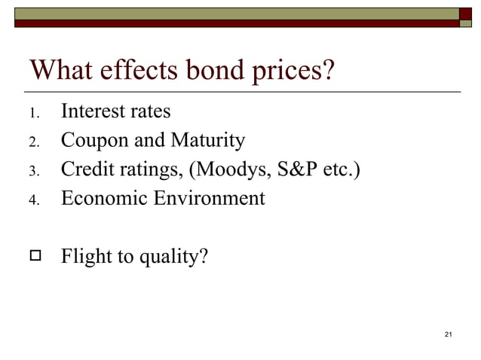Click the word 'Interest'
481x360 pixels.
click(x=93, y=111)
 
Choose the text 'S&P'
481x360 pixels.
click(x=296, y=169)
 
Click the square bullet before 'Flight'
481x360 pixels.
click(x=33, y=257)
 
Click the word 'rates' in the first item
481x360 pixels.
click(x=149, y=111)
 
